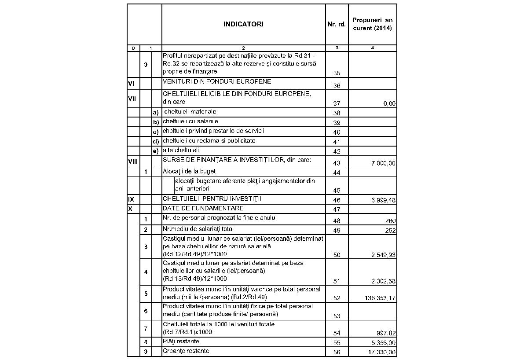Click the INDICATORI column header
243,25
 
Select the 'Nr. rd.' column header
337,25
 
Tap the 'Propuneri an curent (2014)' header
373,24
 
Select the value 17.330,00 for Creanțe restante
380,352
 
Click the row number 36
337,86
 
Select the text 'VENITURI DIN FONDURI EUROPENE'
217,81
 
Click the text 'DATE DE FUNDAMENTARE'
203,208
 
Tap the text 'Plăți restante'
181,342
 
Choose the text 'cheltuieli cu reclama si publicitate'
209,141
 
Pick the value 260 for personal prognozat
390,221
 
